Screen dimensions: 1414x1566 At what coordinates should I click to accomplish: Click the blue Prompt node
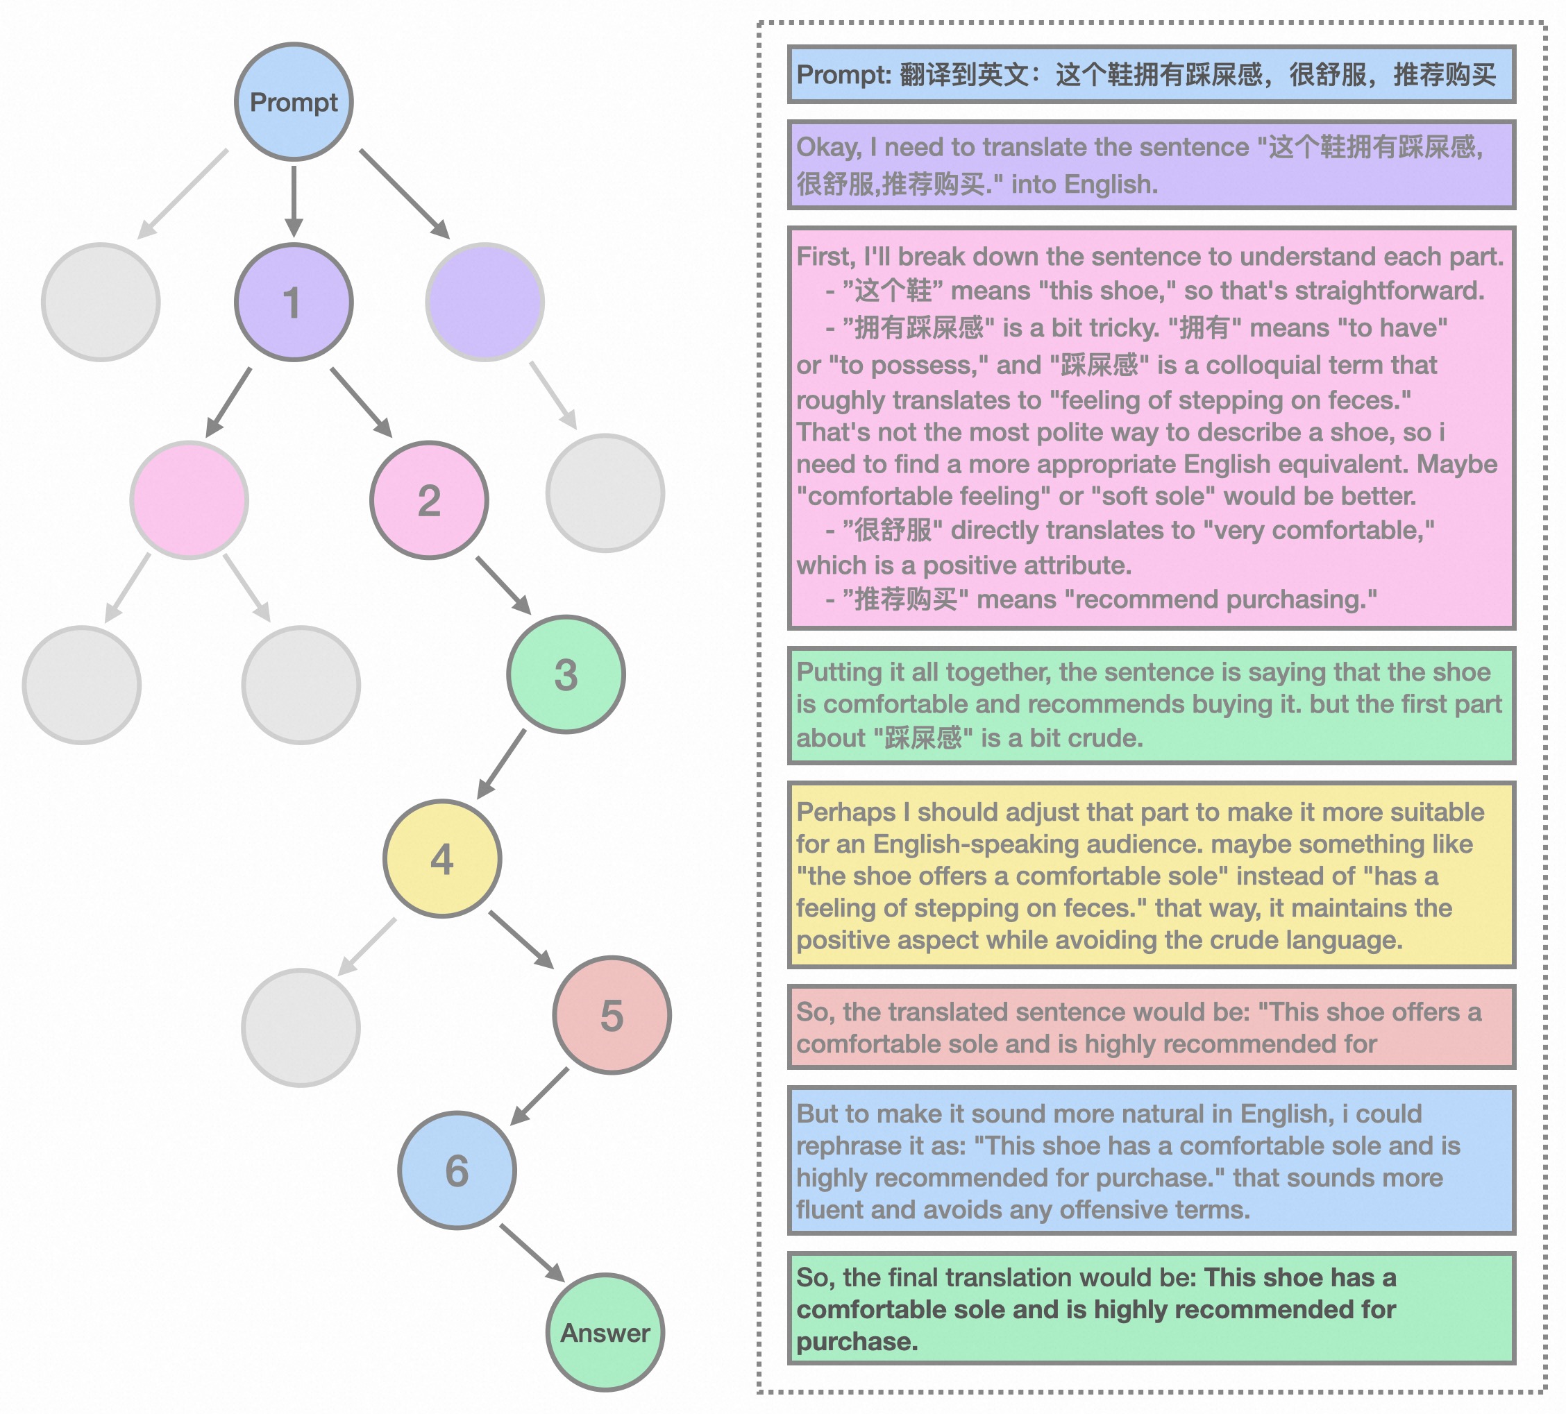[x=294, y=102]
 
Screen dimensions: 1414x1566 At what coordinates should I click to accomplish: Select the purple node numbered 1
[x=294, y=302]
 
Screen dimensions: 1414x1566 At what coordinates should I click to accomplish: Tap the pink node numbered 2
[x=429, y=500]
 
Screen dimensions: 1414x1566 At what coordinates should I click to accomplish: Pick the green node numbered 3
[x=566, y=674]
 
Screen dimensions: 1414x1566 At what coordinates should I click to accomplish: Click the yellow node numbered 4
[x=442, y=859]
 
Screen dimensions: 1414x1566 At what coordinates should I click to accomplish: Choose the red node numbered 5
[x=612, y=1015]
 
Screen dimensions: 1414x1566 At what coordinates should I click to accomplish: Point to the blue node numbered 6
[x=457, y=1170]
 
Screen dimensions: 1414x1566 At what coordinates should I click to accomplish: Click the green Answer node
[x=605, y=1332]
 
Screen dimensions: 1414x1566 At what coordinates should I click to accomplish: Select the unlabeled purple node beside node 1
[x=485, y=302]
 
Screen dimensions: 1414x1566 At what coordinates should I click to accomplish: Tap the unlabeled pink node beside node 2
[x=190, y=500]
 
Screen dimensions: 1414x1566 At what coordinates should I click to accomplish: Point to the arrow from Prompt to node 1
[x=294, y=201]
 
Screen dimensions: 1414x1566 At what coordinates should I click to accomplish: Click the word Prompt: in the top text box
[x=843, y=74]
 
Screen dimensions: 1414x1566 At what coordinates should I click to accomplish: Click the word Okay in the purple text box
[x=828, y=147]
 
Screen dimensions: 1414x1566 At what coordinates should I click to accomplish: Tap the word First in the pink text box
[x=824, y=256]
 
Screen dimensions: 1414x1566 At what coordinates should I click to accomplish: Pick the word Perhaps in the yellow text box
[x=846, y=812]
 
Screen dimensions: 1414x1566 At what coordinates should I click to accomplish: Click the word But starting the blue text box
[x=817, y=1114]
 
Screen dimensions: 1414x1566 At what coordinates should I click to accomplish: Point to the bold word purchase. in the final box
[x=857, y=1342]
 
